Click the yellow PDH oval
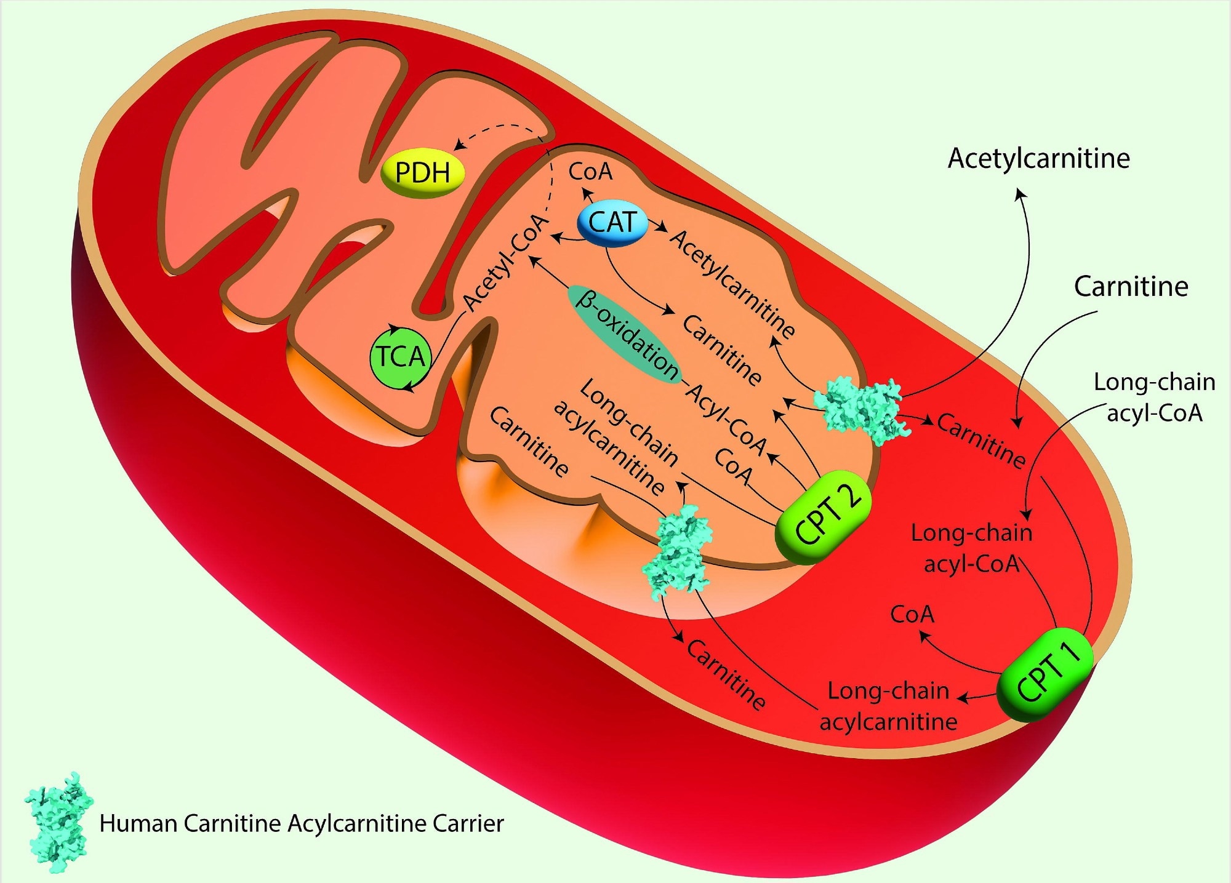(422, 172)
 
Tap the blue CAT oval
(612, 222)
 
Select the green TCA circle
(400, 357)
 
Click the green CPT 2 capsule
(824, 517)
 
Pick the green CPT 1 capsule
(1045, 674)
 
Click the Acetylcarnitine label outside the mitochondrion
(1038, 159)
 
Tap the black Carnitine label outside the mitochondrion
(1131, 287)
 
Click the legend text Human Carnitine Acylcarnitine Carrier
(302, 823)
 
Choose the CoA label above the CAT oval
(590, 172)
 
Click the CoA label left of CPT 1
(912, 614)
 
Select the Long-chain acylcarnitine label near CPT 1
(888, 706)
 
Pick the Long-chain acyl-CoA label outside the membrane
(1154, 397)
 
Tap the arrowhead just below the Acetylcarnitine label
(1020, 194)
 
